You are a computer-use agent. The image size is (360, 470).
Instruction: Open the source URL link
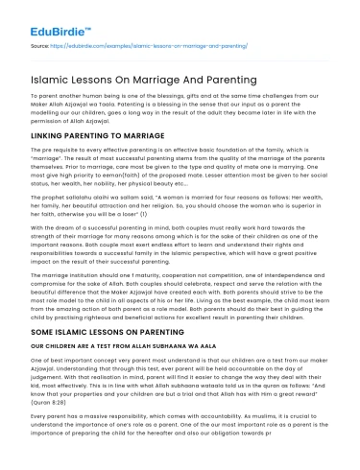(157, 45)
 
